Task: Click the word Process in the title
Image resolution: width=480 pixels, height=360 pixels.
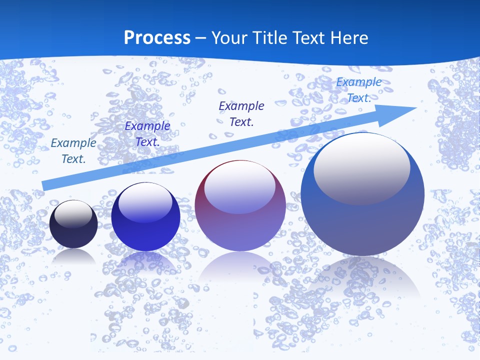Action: pyautogui.click(x=157, y=38)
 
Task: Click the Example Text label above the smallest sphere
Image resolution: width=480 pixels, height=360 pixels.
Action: pyautogui.click(x=73, y=151)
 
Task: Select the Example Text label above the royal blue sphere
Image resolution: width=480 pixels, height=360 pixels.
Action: pyautogui.click(x=147, y=134)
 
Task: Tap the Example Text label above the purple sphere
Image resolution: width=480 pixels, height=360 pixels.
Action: pyautogui.click(x=241, y=113)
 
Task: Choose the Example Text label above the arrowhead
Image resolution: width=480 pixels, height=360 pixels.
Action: pyautogui.click(x=359, y=90)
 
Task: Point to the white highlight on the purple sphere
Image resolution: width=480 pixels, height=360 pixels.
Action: pyautogui.click(x=239, y=186)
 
